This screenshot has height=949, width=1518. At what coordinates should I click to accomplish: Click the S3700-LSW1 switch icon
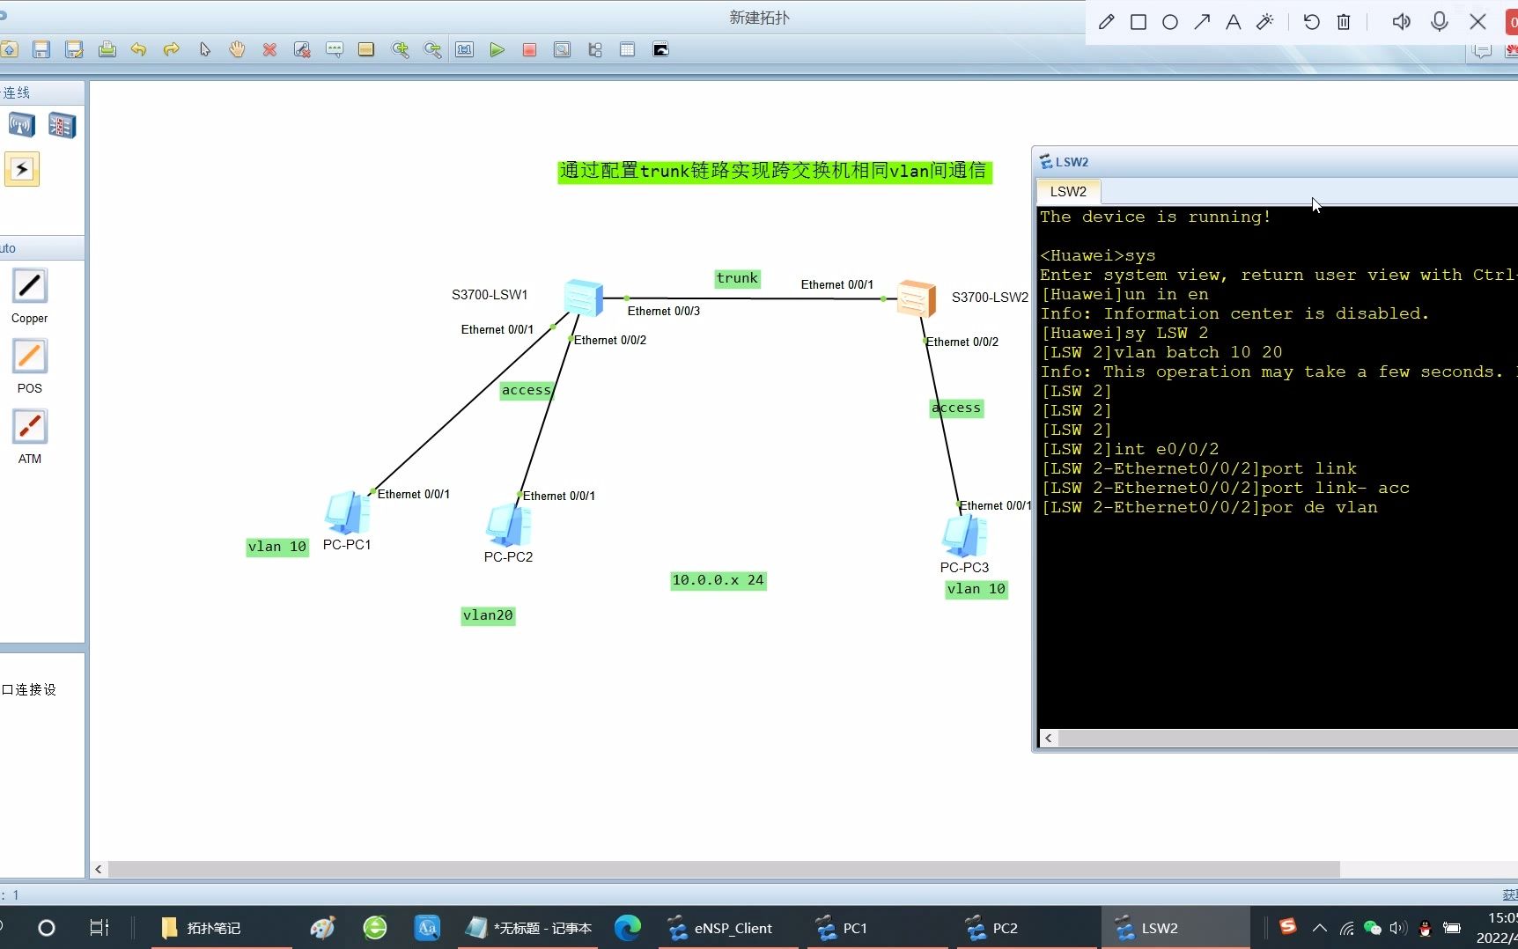tap(583, 298)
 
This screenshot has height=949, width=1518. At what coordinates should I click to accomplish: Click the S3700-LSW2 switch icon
tap(916, 298)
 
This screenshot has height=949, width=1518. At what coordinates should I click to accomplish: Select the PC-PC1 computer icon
tap(347, 513)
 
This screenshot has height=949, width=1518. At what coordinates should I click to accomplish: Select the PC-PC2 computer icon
tap(508, 526)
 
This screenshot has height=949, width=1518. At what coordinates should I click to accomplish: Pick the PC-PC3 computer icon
tap(964, 536)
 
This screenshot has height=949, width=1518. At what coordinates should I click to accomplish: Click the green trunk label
tap(737, 278)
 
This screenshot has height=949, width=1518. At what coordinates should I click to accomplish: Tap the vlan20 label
tap(488, 615)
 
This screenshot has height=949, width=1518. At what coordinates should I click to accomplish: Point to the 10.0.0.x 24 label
tap(718, 580)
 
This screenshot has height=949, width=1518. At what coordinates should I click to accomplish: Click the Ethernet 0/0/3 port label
tap(663, 311)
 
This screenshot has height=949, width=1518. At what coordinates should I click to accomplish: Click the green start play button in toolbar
tap(497, 50)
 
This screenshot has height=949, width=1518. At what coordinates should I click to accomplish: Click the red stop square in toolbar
tap(529, 50)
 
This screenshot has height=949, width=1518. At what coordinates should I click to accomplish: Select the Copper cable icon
tap(30, 286)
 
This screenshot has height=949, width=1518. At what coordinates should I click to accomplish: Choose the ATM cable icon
tap(30, 427)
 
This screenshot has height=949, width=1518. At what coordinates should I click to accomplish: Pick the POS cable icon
tap(30, 357)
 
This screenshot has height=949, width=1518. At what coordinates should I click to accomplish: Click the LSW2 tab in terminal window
tap(1068, 191)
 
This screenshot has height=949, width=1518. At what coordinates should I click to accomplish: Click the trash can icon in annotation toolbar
tap(1344, 22)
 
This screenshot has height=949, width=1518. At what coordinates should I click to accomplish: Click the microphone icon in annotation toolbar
tap(1440, 22)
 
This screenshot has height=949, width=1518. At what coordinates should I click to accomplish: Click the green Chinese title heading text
tap(774, 171)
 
